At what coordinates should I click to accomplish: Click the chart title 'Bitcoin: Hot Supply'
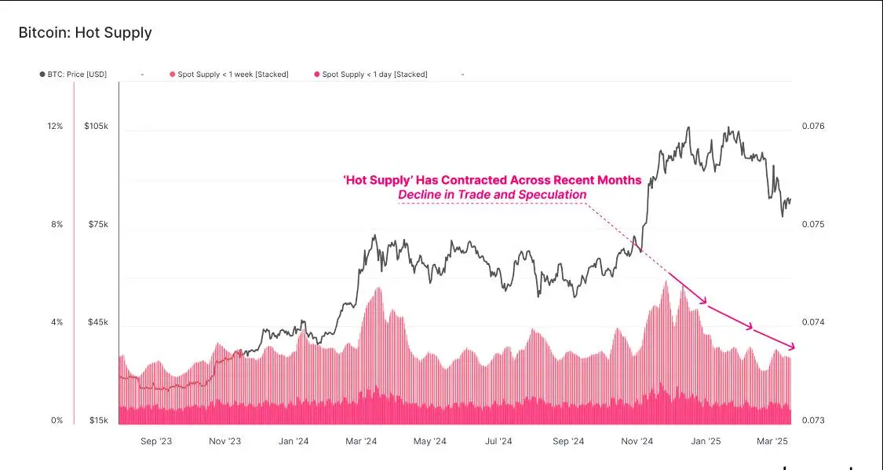pyautogui.click(x=85, y=33)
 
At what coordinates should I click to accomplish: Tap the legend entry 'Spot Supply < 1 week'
pyautogui.click(x=229, y=75)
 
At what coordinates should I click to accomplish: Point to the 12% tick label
pyautogui.click(x=55, y=127)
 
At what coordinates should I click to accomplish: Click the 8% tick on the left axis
pyautogui.click(x=57, y=225)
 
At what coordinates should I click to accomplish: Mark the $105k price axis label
pyautogui.click(x=97, y=127)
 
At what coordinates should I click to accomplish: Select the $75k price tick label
pyautogui.click(x=98, y=225)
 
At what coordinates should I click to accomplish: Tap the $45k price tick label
pyautogui.click(x=98, y=322)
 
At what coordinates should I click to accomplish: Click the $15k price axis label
pyautogui.click(x=98, y=420)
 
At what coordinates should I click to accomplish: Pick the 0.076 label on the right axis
pyautogui.click(x=813, y=127)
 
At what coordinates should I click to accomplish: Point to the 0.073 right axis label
pyautogui.click(x=813, y=420)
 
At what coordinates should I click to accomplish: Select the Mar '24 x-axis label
pyautogui.click(x=361, y=442)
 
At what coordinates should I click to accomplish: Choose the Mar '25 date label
pyautogui.click(x=772, y=442)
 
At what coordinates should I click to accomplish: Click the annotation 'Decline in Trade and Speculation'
pyautogui.click(x=492, y=195)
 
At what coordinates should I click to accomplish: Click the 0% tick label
pyautogui.click(x=57, y=420)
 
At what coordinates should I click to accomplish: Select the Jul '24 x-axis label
pyautogui.click(x=498, y=442)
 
